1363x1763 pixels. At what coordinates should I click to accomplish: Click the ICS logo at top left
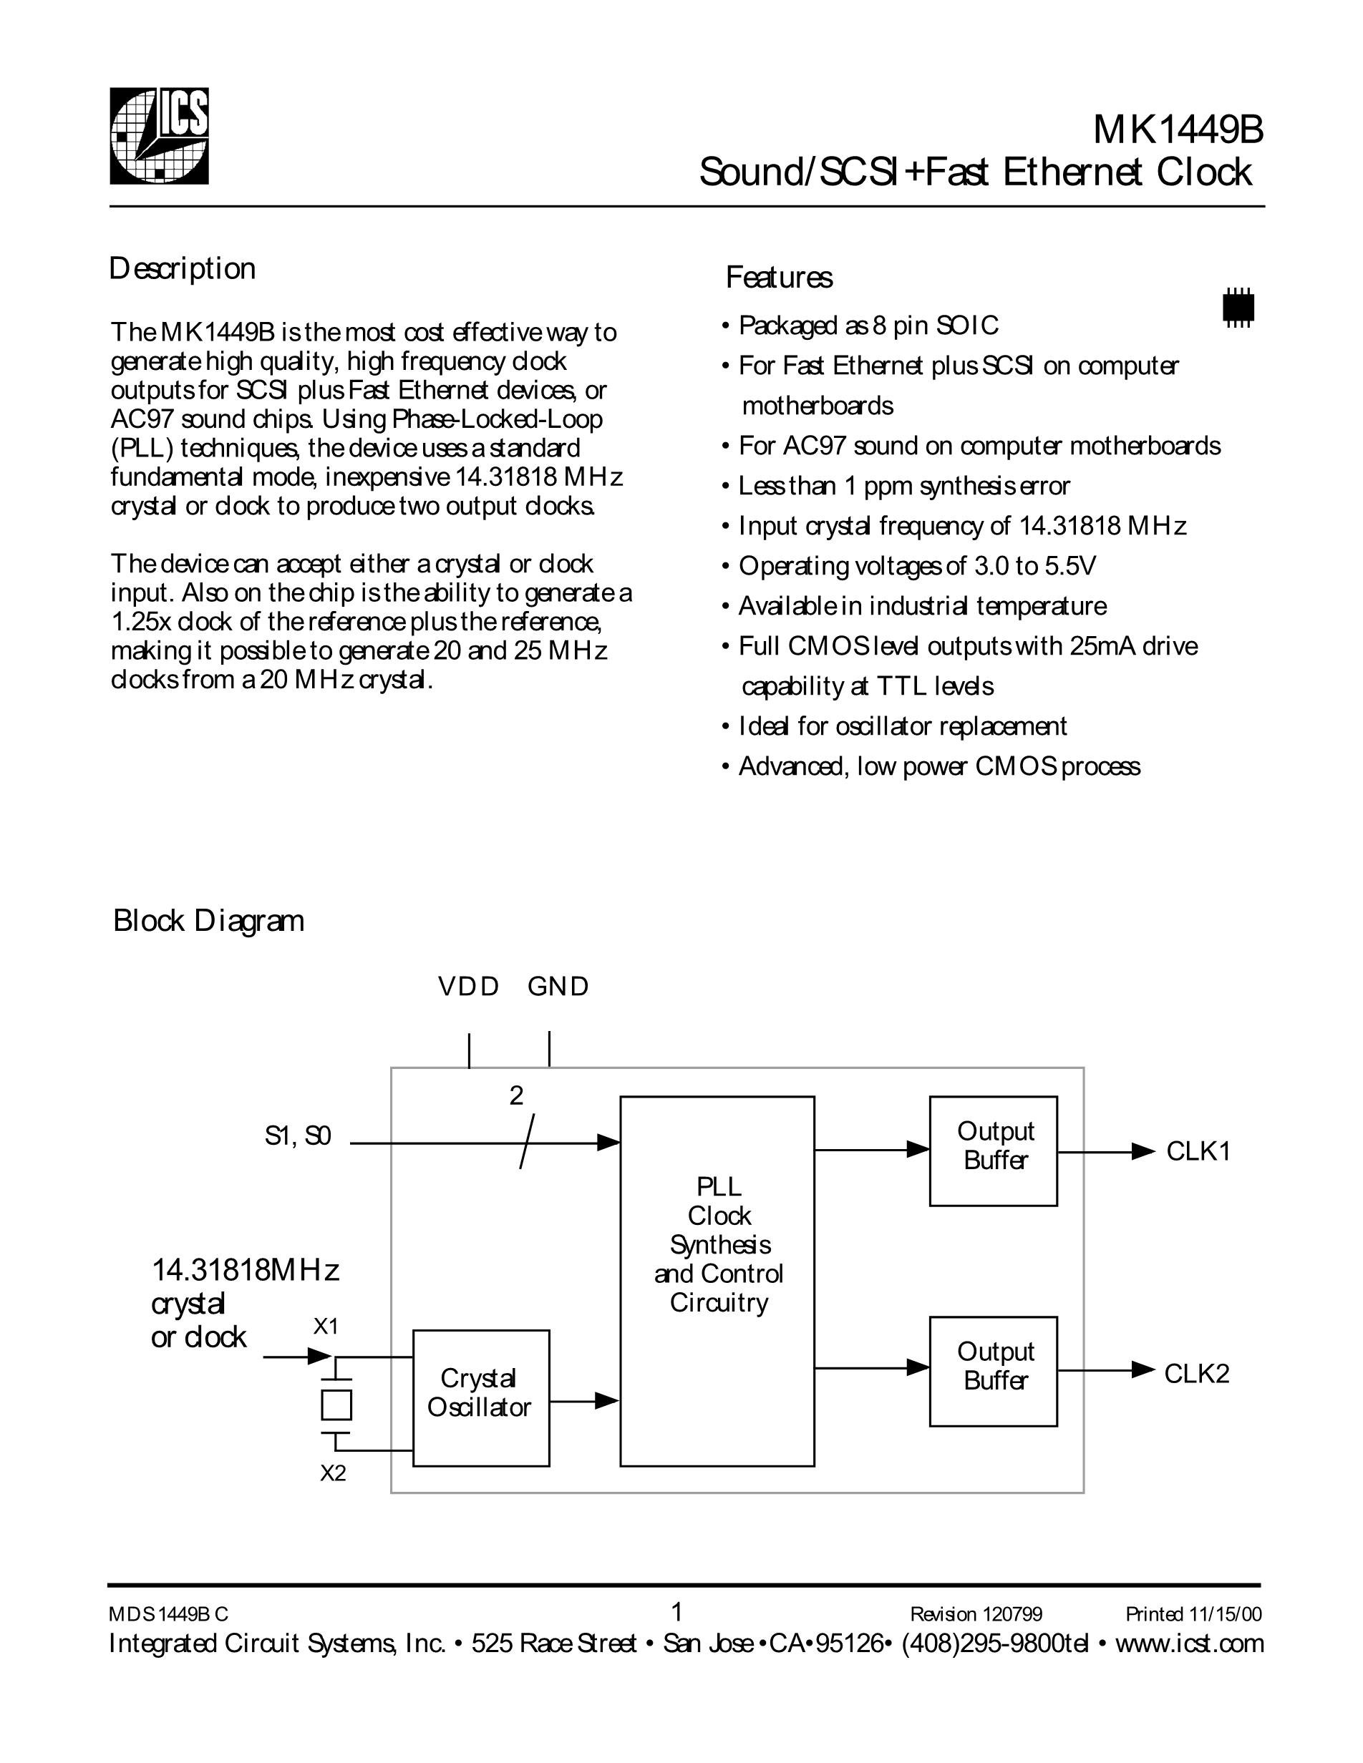pos(159,136)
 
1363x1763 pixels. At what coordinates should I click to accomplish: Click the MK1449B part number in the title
pos(1178,131)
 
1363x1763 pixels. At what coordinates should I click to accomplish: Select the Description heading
pos(183,269)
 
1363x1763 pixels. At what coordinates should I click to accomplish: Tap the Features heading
pos(778,278)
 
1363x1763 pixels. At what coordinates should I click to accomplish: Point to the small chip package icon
pos(1238,307)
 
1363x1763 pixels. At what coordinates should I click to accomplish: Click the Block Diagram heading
pos(208,921)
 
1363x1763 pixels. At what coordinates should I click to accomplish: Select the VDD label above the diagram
pos(468,987)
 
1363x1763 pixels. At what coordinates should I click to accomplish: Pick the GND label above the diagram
pos(558,987)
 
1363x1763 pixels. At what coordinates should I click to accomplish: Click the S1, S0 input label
pos(298,1137)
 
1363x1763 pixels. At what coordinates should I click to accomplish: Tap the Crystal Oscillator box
pos(480,1398)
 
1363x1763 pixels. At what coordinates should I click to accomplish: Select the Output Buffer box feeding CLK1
pos(993,1151)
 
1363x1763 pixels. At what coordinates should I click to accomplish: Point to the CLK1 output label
pos(1198,1152)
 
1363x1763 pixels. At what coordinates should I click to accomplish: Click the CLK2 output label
pos(1196,1374)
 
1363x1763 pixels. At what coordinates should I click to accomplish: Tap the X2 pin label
pos(333,1474)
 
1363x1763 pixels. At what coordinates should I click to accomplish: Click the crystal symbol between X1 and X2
pos(336,1405)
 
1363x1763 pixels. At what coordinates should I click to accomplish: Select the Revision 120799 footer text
pos(976,1613)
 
